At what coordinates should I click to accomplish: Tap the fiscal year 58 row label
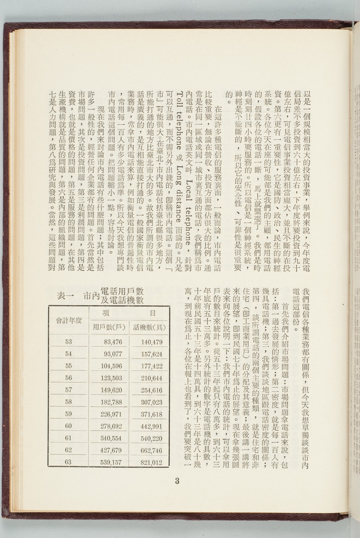[x=68, y=402]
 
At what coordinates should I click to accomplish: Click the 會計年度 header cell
[x=68, y=320]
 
